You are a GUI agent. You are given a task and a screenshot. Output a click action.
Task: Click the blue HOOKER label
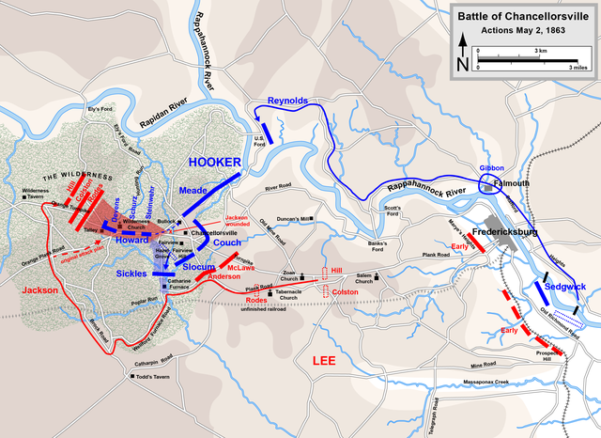point(215,162)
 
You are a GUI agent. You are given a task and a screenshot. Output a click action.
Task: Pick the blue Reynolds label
point(287,100)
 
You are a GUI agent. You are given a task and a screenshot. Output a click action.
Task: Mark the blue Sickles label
point(131,273)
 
